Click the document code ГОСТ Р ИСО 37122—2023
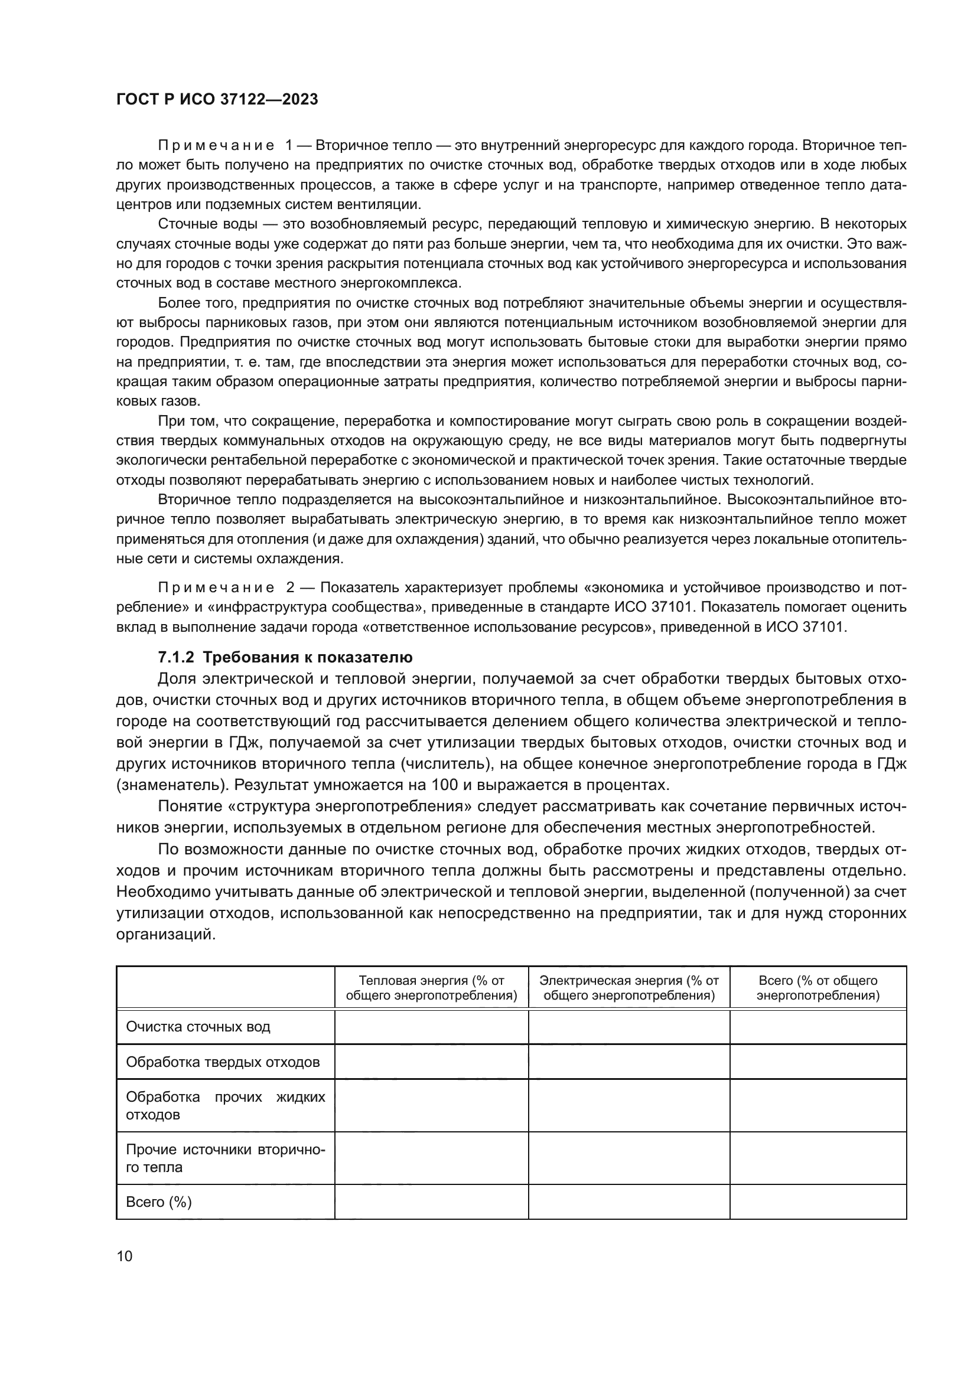tap(217, 100)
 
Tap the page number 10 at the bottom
tap(125, 1256)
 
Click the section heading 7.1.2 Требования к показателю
tap(285, 657)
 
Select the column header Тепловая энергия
tap(431, 988)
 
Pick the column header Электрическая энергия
tap(628, 988)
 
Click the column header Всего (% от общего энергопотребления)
tap(818, 988)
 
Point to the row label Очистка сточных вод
tap(198, 1027)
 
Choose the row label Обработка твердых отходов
tap(223, 1062)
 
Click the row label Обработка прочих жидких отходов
tap(225, 1105)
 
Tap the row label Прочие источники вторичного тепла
tap(225, 1158)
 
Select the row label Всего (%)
tap(159, 1202)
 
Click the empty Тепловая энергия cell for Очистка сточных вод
tap(431, 1027)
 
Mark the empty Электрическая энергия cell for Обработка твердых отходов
tap(628, 1062)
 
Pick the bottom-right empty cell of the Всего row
tap(818, 1202)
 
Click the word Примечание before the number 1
tap(216, 146)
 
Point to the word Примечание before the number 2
tap(216, 587)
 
